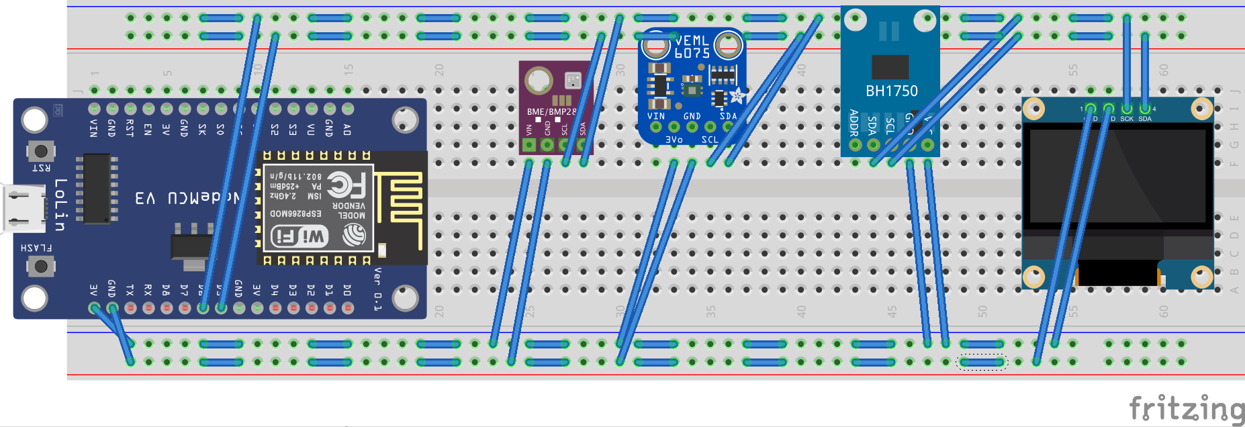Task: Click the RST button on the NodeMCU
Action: tap(40, 151)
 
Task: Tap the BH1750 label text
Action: tap(891, 91)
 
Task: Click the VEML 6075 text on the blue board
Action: tap(692, 46)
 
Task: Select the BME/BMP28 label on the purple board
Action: tap(551, 112)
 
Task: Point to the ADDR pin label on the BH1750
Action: tap(854, 123)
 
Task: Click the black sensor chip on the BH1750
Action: tap(890, 67)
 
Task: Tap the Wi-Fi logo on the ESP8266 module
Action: tap(299, 236)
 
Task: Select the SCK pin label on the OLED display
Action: tap(1126, 119)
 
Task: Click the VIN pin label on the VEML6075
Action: tap(656, 116)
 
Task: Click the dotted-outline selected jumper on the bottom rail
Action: tap(981, 363)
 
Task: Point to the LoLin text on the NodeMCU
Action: tap(60, 205)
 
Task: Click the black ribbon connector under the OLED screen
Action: tap(1118, 273)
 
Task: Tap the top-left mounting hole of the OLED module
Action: tap(1034, 108)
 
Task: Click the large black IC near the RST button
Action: tap(97, 188)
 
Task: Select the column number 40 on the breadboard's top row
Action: tap(800, 70)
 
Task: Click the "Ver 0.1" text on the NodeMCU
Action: tap(377, 288)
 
